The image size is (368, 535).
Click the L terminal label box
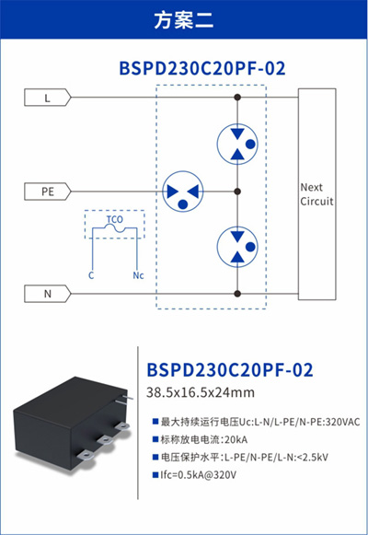[47, 98]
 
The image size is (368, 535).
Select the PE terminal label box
[47, 192]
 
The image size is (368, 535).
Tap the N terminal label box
[47, 294]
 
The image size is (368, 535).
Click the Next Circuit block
[316, 194]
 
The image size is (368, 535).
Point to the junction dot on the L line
[237, 98]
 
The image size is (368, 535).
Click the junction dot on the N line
[237, 294]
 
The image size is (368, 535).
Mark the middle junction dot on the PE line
[237, 192]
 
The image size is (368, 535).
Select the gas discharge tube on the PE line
[183, 192]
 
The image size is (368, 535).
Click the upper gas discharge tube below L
[237, 144]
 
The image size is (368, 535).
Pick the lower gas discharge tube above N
[237, 247]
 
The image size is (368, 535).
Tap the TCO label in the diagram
[114, 219]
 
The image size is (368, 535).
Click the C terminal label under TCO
[91, 275]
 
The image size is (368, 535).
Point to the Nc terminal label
[138, 275]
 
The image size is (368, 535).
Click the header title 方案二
[184, 19]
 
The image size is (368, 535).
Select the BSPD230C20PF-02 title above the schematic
[202, 68]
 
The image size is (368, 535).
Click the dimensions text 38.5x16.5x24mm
[201, 392]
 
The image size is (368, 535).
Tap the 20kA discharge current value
[236, 439]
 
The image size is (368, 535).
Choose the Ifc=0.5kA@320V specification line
[199, 475]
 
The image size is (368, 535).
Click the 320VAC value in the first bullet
[343, 422]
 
